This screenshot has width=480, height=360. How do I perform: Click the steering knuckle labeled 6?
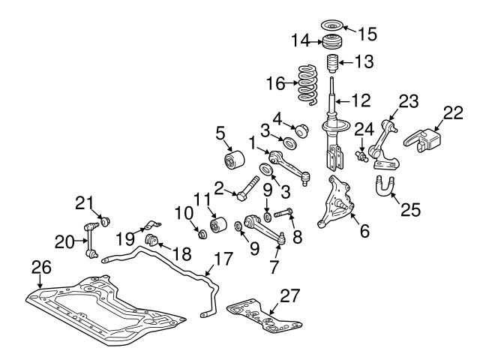point(337,202)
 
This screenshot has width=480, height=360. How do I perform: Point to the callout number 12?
point(361,97)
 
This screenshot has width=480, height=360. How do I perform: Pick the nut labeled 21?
point(106,221)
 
